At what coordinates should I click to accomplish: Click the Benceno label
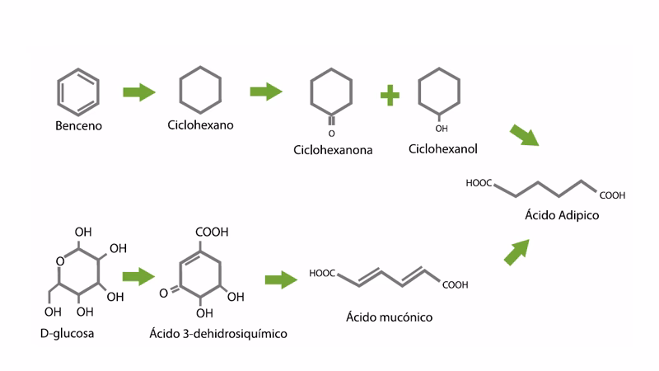(x=77, y=127)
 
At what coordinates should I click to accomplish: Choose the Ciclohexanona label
(x=333, y=151)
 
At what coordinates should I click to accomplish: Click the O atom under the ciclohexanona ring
(x=331, y=133)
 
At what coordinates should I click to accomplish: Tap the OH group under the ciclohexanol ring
(x=442, y=129)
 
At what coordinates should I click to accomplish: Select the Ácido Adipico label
(x=561, y=216)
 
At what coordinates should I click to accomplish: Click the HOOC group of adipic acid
(x=479, y=183)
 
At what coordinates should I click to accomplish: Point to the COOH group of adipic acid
(x=612, y=196)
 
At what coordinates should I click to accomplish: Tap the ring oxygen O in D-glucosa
(x=60, y=261)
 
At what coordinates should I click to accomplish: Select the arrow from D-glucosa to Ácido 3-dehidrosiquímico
(x=139, y=276)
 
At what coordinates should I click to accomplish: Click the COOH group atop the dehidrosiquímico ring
(x=212, y=233)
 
